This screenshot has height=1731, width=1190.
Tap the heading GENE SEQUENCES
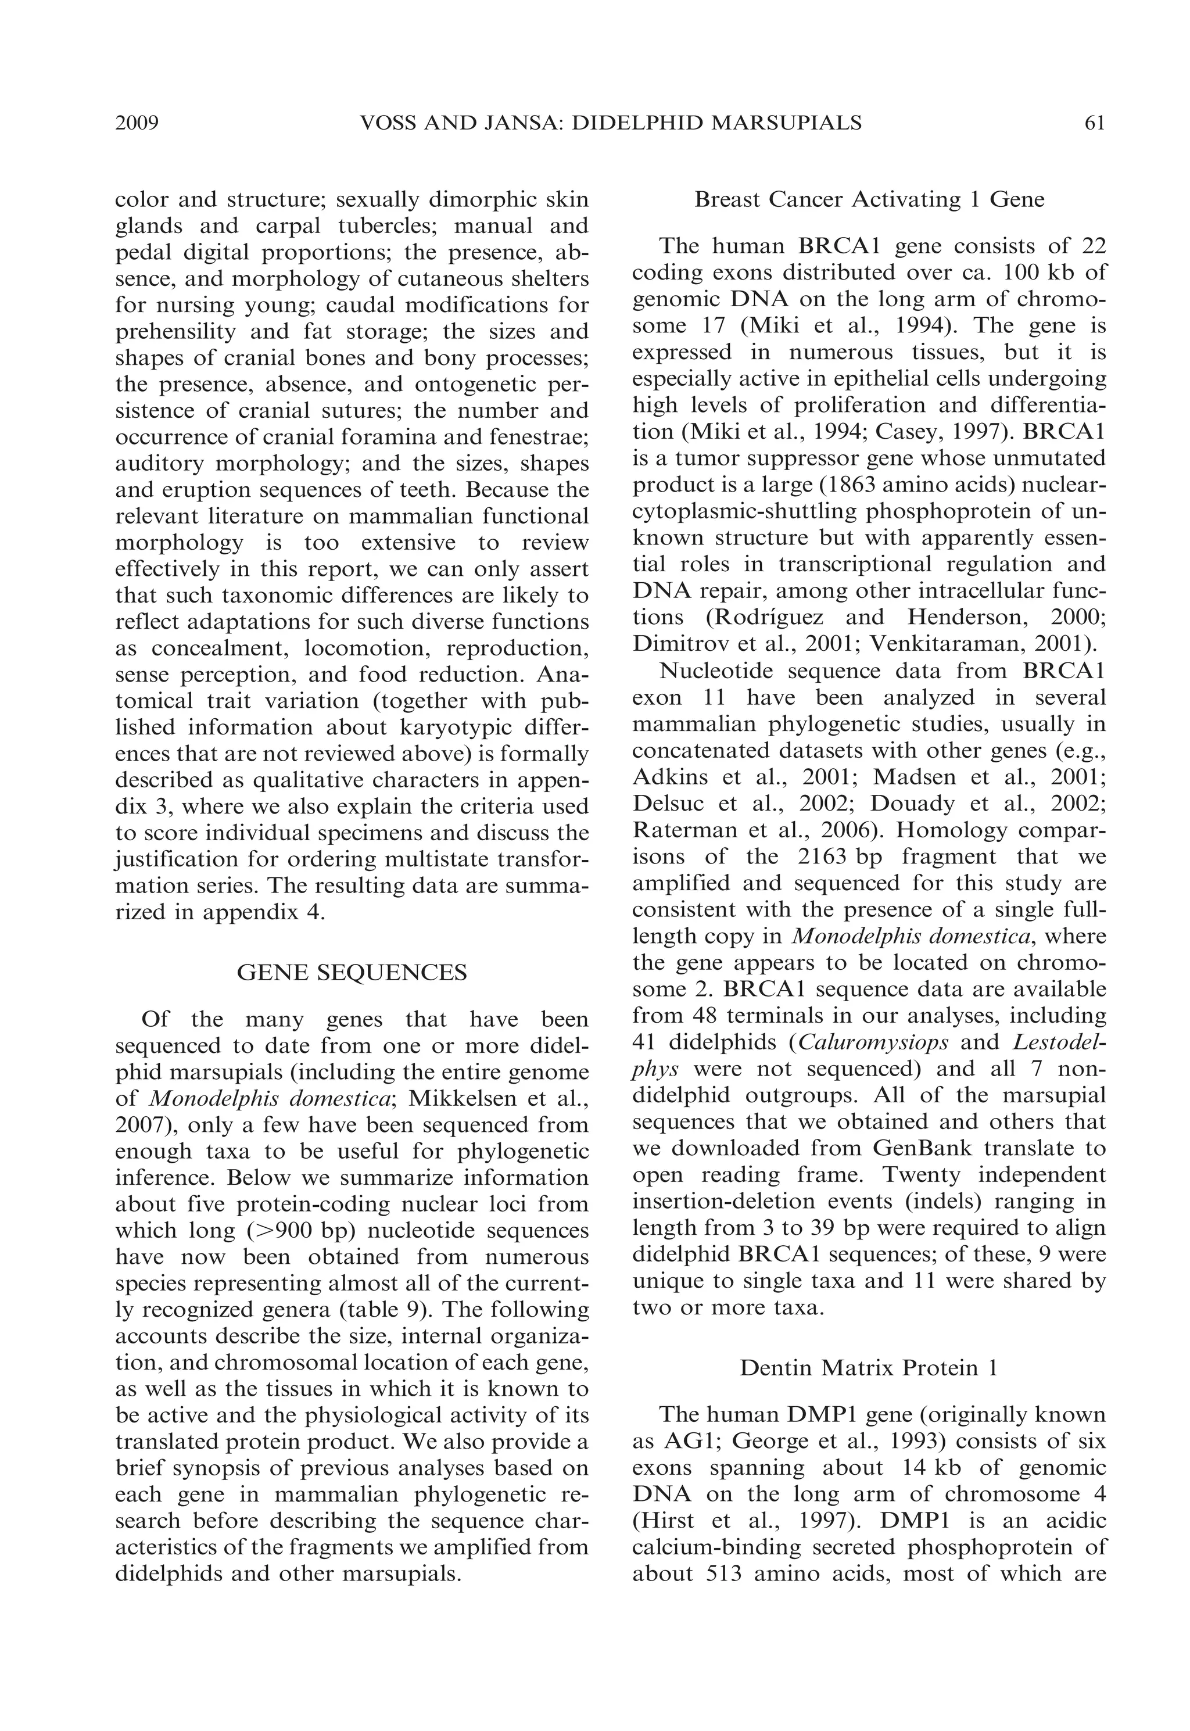pyautogui.click(x=352, y=973)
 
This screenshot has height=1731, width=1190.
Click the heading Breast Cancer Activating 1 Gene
pyautogui.click(x=869, y=200)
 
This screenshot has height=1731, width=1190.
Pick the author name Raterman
pyautogui.click(x=679, y=830)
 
